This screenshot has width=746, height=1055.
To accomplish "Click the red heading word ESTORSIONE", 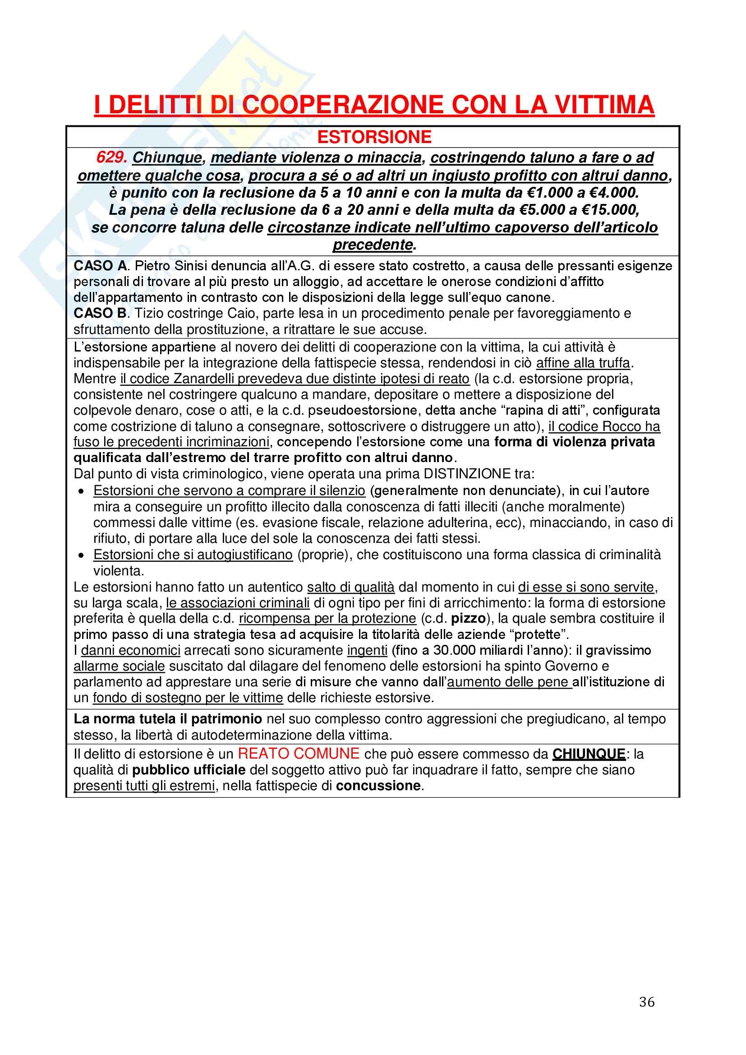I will tap(374, 137).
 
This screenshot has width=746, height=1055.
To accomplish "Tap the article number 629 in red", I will tap(111, 157).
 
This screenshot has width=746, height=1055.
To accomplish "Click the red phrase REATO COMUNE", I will tap(299, 754).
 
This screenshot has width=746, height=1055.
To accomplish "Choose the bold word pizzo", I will tap(468, 619).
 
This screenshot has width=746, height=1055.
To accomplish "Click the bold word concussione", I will tap(378, 786).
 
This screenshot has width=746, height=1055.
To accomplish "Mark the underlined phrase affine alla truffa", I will tap(583, 363).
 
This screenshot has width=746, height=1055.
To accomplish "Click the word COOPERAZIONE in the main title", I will tap(343, 105).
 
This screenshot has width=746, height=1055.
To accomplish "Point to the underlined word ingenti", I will tap(367, 650).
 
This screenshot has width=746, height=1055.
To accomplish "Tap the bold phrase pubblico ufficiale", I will tap(189, 770).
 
